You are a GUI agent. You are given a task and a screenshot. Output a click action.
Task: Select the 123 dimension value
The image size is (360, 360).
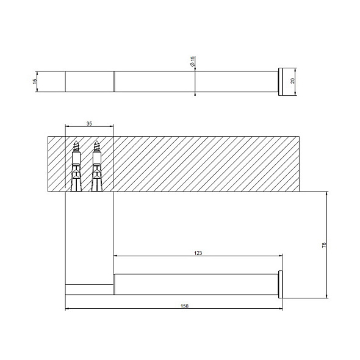[198, 252]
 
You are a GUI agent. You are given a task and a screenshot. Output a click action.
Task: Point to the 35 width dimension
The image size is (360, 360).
[89, 123]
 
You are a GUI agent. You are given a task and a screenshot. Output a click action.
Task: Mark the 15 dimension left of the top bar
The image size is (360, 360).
[35, 81]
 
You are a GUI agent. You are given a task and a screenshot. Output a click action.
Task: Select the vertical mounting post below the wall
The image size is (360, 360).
[88, 238]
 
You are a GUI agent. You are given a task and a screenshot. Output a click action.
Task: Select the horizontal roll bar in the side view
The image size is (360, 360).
[195, 284]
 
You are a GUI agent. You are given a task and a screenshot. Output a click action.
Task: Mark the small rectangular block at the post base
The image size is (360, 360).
[88, 289]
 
